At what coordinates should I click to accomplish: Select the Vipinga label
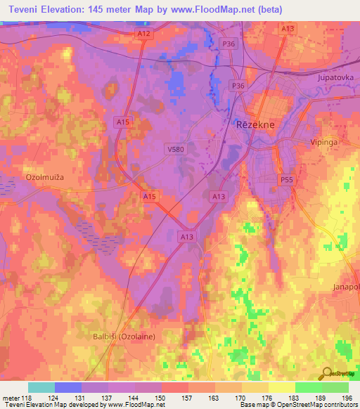(x=324, y=141)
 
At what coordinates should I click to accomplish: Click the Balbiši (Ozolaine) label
(x=124, y=337)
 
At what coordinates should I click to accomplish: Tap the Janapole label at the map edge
(x=346, y=287)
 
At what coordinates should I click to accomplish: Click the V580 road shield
(x=176, y=149)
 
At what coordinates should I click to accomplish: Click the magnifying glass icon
(x=326, y=373)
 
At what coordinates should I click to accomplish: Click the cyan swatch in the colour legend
(x=41, y=387)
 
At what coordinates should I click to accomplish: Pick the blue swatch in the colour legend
(x=68, y=387)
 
